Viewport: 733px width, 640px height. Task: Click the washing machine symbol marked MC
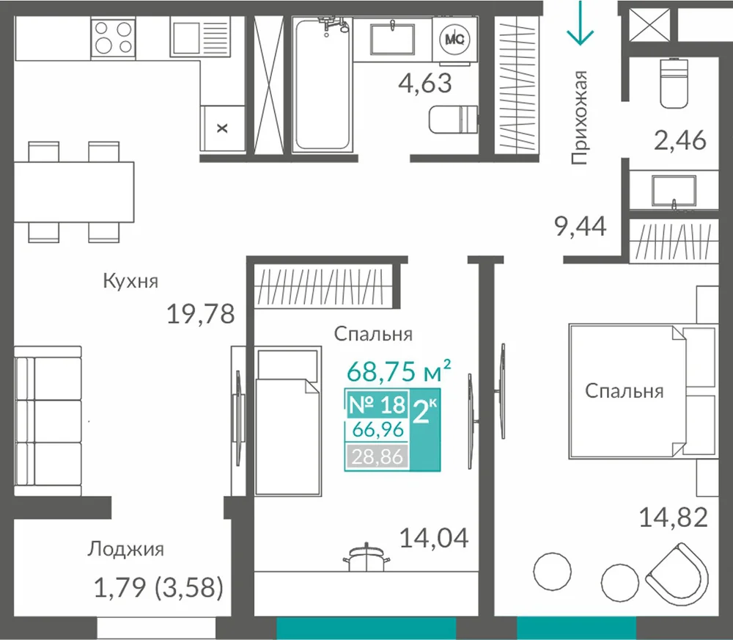(x=455, y=39)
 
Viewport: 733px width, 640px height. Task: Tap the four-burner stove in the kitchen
(x=113, y=37)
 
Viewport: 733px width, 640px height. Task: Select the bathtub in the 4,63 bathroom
(x=322, y=84)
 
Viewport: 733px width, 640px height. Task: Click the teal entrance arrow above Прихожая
(x=580, y=23)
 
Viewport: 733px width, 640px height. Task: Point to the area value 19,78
(x=201, y=313)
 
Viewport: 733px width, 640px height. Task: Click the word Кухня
(x=130, y=281)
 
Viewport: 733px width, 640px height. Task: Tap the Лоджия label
(x=125, y=549)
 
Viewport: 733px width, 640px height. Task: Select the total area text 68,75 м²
(x=399, y=371)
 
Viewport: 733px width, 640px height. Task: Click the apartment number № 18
(x=377, y=404)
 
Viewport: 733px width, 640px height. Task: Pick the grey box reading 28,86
(x=377, y=456)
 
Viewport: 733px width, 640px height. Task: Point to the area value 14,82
(x=673, y=518)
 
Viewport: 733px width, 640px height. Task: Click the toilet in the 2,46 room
(x=674, y=83)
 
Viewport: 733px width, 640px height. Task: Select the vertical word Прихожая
(x=579, y=117)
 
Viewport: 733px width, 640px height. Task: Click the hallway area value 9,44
(x=580, y=227)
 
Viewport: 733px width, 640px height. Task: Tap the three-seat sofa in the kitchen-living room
(x=48, y=421)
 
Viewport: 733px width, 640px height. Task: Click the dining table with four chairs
(x=74, y=192)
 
